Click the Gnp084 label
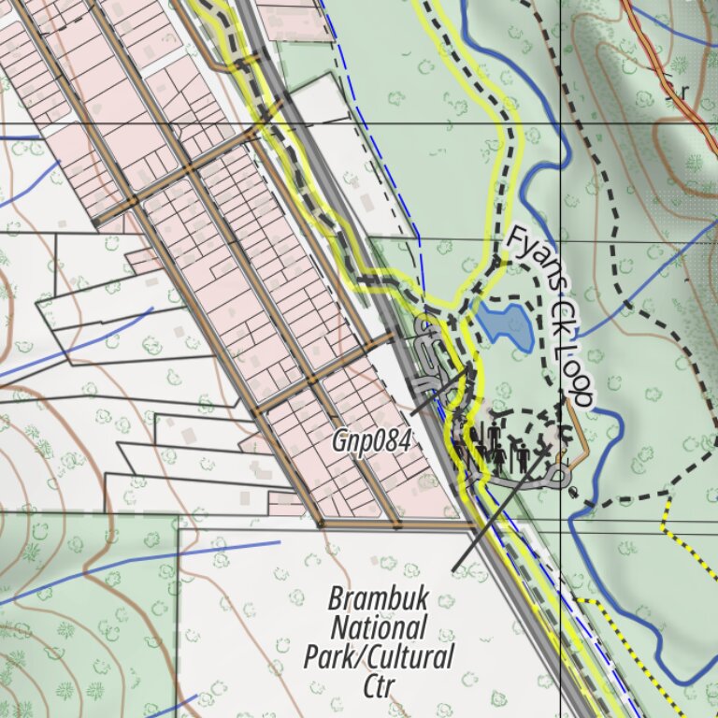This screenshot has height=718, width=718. (370, 442)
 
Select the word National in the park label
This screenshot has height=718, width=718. (379, 626)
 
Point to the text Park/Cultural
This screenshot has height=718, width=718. (379, 655)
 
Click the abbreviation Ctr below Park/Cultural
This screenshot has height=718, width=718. (379, 685)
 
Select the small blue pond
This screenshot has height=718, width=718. (506, 324)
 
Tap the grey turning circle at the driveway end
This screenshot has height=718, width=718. (561, 478)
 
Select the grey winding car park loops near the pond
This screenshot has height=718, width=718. (429, 351)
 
